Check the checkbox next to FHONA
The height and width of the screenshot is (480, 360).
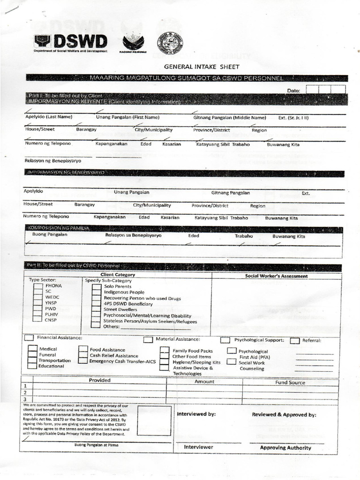coord(38,286)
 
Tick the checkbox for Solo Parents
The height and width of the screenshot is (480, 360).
coord(96,286)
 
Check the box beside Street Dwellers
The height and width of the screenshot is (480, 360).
coord(96,309)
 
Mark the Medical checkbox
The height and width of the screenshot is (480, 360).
coord(32,349)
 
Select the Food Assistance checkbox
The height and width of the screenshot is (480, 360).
coord(83,350)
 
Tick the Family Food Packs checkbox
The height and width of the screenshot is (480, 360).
coord(165,351)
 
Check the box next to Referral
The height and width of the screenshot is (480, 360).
coord(295,341)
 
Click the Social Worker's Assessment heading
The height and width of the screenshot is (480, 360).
coord(277,276)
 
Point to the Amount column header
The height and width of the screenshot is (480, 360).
coord(204,382)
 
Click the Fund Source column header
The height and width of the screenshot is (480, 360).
coord(290,382)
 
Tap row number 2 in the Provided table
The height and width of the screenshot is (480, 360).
coord(24,392)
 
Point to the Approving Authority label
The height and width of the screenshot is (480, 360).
coord(285,448)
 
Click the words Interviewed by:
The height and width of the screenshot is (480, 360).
coord(196,414)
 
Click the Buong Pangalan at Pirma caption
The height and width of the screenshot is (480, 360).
coord(96,444)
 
